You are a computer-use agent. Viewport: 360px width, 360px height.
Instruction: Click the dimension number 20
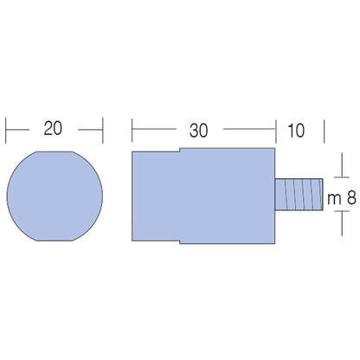[x=53, y=128]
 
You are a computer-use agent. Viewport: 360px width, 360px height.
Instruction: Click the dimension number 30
[x=198, y=131]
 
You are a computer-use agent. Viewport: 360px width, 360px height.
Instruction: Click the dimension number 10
[x=296, y=131]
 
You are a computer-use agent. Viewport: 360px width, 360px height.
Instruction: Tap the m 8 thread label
[x=342, y=198]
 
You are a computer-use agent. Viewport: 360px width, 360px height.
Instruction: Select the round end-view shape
[x=55, y=196]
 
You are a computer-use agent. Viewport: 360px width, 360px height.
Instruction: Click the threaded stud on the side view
[x=299, y=195]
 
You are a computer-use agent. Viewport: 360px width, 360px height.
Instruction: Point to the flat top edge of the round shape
[x=55, y=151]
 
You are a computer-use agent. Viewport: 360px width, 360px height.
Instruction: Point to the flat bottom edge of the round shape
[x=55, y=241]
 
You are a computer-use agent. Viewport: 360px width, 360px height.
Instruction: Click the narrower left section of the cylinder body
[x=156, y=196]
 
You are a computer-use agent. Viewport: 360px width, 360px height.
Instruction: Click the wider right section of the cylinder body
[x=228, y=196]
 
